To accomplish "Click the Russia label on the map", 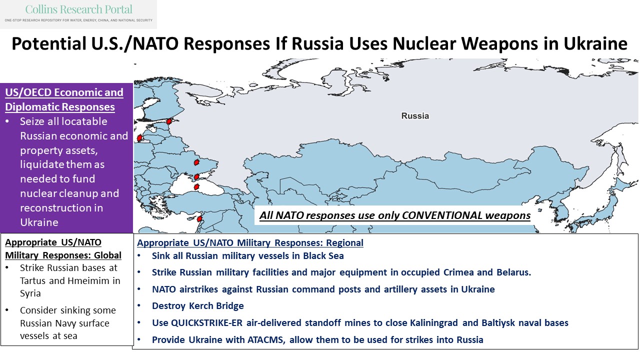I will click(415, 116).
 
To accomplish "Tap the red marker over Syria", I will click(199, 219).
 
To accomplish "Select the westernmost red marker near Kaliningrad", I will click(139, 138).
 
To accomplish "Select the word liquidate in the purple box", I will click(42, 164).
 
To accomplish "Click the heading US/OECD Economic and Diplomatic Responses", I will click(63, 100).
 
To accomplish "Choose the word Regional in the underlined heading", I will click(345, 243).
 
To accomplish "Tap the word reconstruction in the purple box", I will click(52, 207).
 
